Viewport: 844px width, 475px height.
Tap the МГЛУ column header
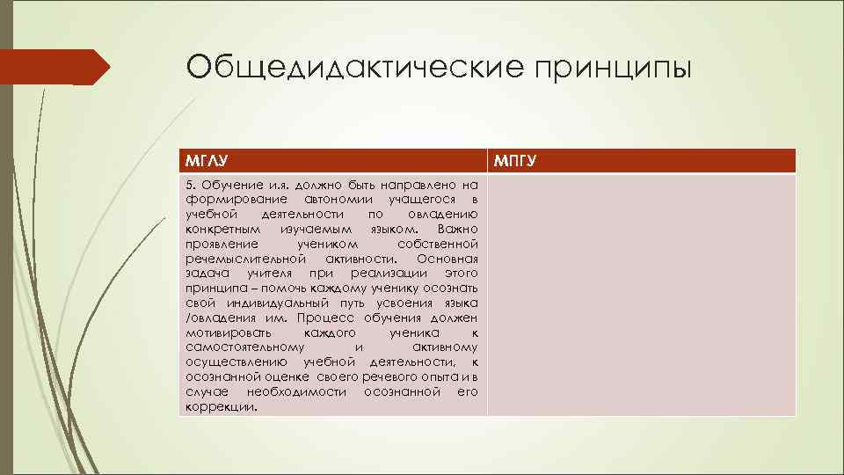tap(202, 160)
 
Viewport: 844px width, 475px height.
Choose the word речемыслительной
tap(245, 259)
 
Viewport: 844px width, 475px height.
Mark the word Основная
tap(447, 259)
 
